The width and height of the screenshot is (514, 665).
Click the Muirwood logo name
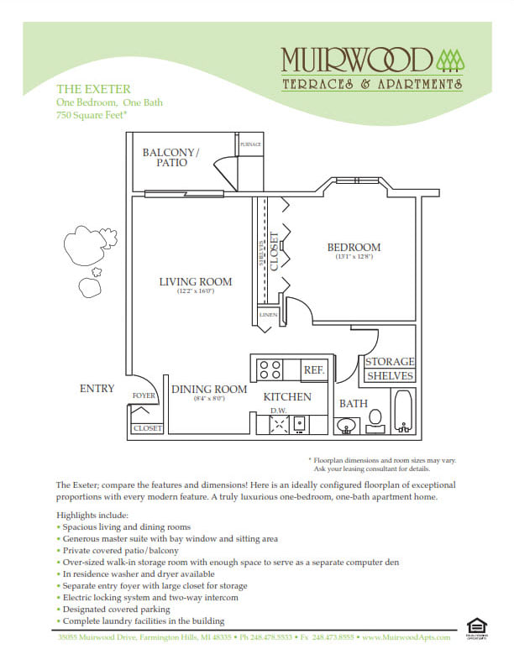coord(357,60)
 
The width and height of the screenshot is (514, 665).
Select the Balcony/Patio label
coord(171,157)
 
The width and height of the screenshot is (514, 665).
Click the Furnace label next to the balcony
coord(250,144)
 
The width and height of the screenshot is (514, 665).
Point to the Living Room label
coord(196,281)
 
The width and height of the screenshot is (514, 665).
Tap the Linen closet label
coord(268,315)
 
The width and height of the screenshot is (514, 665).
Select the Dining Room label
coord(209,390)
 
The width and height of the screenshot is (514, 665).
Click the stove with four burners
coord(270,369)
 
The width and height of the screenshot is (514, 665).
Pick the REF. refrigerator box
coord(314,369)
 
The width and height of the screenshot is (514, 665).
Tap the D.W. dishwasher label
coord(278,410)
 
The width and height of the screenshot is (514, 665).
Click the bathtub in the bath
coord(404,411)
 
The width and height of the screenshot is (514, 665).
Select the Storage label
coord(389,362)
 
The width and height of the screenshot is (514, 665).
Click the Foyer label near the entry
coord(144,395)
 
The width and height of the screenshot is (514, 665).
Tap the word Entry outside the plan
coord(97,389)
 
